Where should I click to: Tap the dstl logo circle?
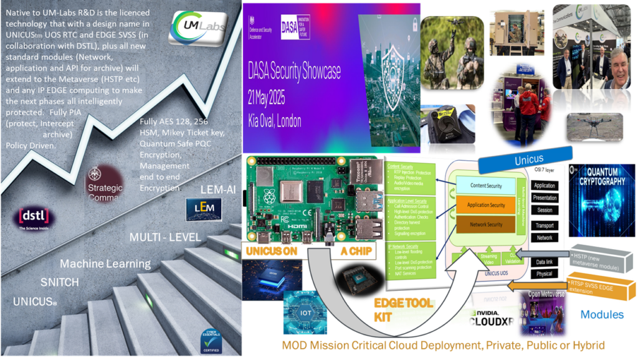pos(34,219)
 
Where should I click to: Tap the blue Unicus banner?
pos(530,160)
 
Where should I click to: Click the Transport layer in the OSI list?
pos(544,225)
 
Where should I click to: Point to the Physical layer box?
pos(544,274)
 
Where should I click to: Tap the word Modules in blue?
pos(602,315)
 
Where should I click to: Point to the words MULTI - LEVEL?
pos(164,237)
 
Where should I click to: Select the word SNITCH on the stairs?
pos(60,282)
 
